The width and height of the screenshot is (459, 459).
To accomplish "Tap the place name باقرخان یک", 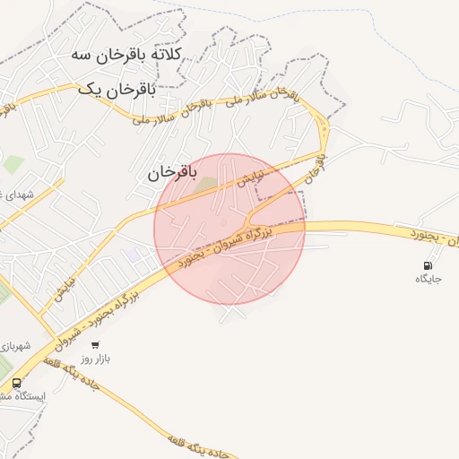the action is tap(117, 90).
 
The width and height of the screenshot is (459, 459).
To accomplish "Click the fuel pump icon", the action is tap(428, 264).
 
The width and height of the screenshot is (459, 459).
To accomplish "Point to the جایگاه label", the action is tap(429, 280).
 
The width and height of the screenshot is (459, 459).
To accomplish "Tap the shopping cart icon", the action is tap(95, 344).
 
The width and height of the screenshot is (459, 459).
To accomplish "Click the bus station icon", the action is tap(17, 382).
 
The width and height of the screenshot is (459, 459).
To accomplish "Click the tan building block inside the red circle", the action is tap(207, 184).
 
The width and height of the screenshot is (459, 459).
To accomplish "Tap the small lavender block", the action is tap(133, 255).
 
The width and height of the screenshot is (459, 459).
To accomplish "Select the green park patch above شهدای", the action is tap(13, 165).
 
